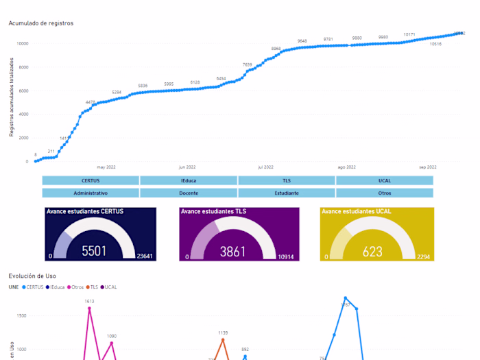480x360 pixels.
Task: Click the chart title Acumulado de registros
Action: pyautogui.click(x=40, y=23)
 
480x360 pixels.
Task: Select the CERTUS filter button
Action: pyautogui.click(x=91, y=180)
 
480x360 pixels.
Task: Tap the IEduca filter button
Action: pyautogui.click(x=189, y=180)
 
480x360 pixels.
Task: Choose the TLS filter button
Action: pyautogui.click(x=287, y=180)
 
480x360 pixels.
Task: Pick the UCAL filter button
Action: pyautogui.click(x=384, y=180)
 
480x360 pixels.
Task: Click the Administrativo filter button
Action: pyautogui.click(x=91, y=193)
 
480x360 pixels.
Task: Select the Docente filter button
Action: pyautogui.click(x=189, y=193)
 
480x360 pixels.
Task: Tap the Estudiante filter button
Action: pyautogui.click(x=287, y=193)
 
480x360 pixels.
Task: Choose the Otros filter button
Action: pyautogui.click(x=384, y=193)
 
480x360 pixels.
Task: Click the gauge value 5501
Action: pyautogui.click(x=94, y=251)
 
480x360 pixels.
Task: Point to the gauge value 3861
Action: pyautogui.click(x=232, y=252)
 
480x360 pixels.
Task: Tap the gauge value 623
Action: pyautogui.click(x=372, y=252)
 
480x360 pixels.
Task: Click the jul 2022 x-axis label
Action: pyautogui.click(x=265, y=167)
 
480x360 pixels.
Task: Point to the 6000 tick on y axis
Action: pyautogui.click(x=23, y=91)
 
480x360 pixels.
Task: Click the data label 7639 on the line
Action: pyautogui.click(x=248, y=64)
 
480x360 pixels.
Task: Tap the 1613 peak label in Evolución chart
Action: pyautogui.click(x=89, y=301)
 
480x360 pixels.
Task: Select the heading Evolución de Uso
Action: pyautogui.click(x=32, y=276)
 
